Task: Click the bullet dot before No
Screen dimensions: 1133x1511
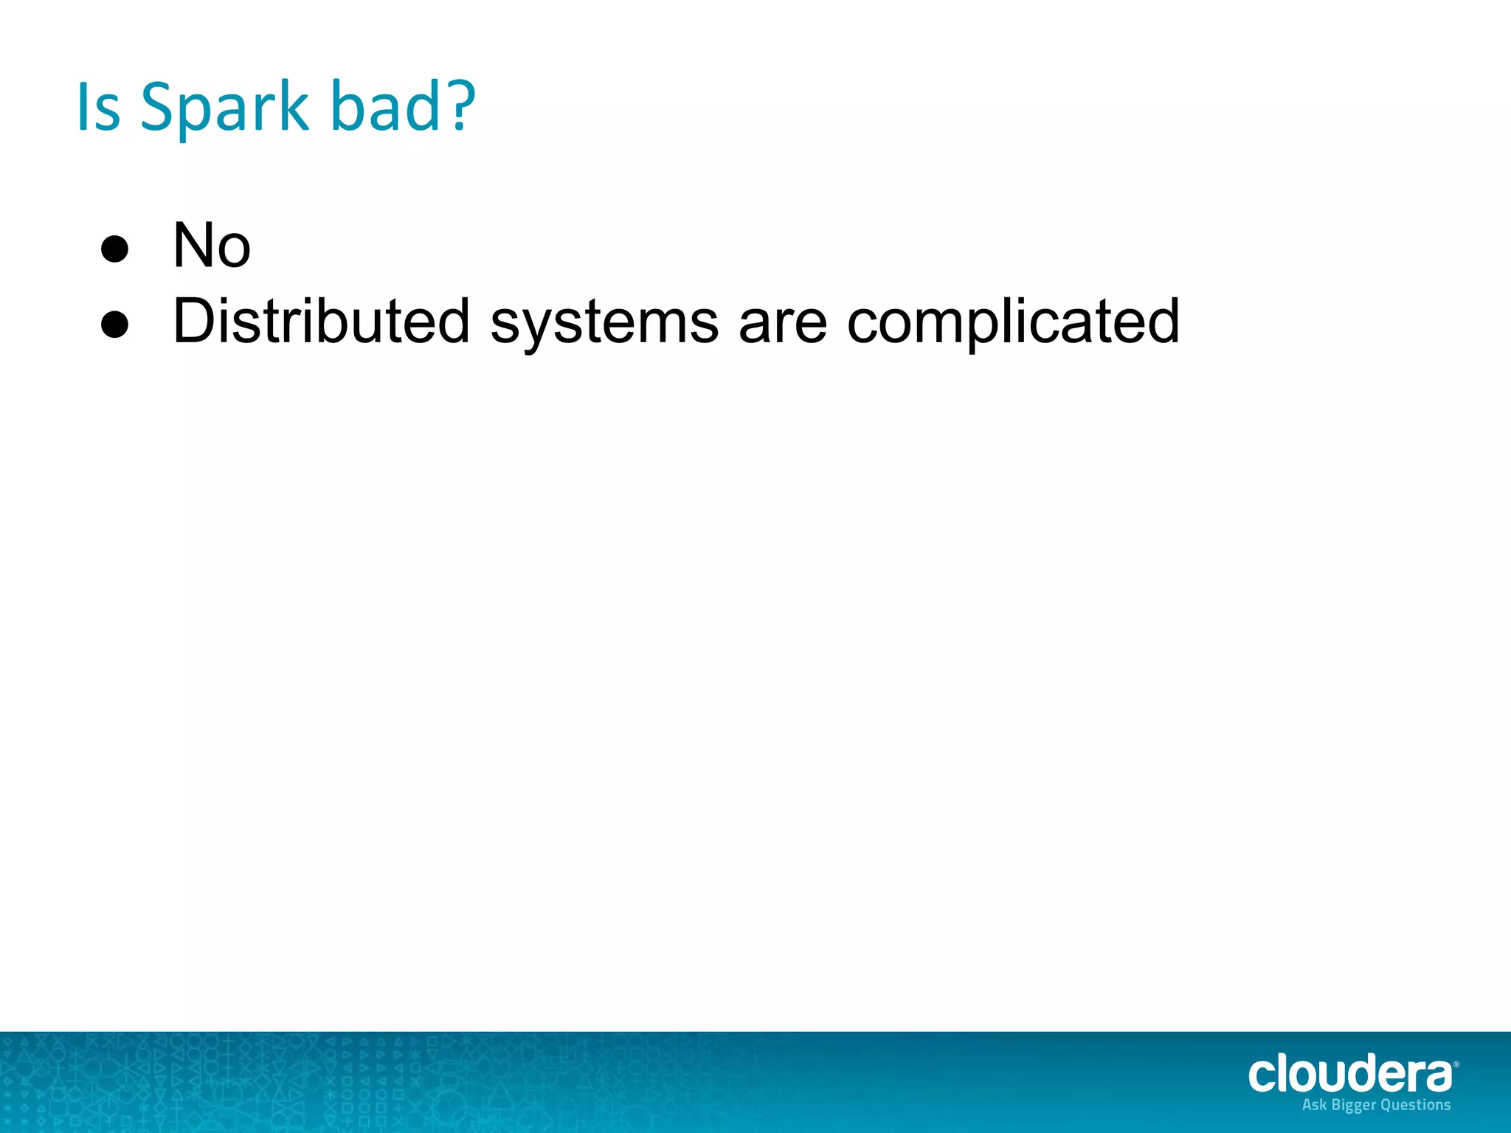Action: (114, 249)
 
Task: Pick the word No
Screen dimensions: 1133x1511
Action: (211, 245)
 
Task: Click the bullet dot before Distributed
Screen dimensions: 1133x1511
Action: (114, 325)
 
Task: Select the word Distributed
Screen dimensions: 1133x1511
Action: (321, 321)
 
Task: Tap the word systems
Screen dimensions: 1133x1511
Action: (604, 322)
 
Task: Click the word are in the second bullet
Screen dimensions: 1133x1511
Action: (782, 322)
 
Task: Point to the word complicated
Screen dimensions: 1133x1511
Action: (1013, 322)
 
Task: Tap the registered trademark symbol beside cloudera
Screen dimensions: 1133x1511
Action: (1456, 1064)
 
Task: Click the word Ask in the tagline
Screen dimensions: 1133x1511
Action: (1314, 1105)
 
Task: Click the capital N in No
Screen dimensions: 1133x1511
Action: (194, 245)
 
